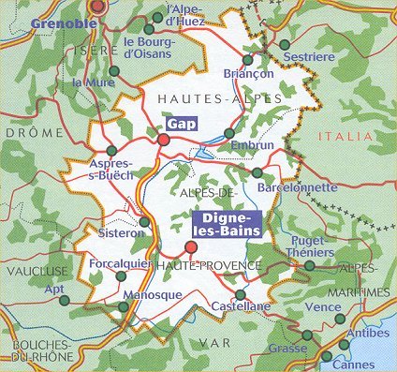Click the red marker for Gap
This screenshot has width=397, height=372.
[164, 140]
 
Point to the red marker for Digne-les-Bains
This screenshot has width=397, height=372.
[192, 248]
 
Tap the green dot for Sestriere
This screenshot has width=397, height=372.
[285, 44]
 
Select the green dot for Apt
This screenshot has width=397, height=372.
[64, 300]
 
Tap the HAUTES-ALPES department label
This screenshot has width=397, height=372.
[195, 98]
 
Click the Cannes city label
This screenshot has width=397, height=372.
[353, 365]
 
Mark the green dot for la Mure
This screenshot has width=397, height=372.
[114, 70]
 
